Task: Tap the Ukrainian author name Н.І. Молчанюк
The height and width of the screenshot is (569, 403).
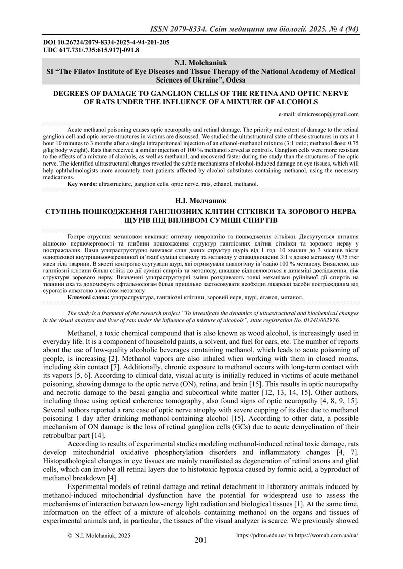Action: pos(201,199)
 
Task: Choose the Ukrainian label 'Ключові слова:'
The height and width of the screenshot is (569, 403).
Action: pos(88,298)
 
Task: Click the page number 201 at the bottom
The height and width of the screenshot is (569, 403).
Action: pos(200,541)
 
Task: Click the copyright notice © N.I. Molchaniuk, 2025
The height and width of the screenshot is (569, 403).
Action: pos(99,536)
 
